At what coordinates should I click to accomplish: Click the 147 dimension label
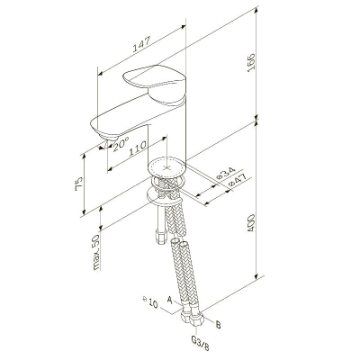coord(141,44)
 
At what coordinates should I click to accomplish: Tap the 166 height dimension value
coord(251,62)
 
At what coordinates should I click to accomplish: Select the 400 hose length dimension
coord(251,222)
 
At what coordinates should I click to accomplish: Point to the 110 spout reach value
coord(138,148)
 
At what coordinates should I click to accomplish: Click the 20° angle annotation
coord(121,144)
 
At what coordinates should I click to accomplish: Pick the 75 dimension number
coord(78,184)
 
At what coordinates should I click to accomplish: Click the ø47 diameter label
coord(237,180)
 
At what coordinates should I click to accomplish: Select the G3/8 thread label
coord(200,344)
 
